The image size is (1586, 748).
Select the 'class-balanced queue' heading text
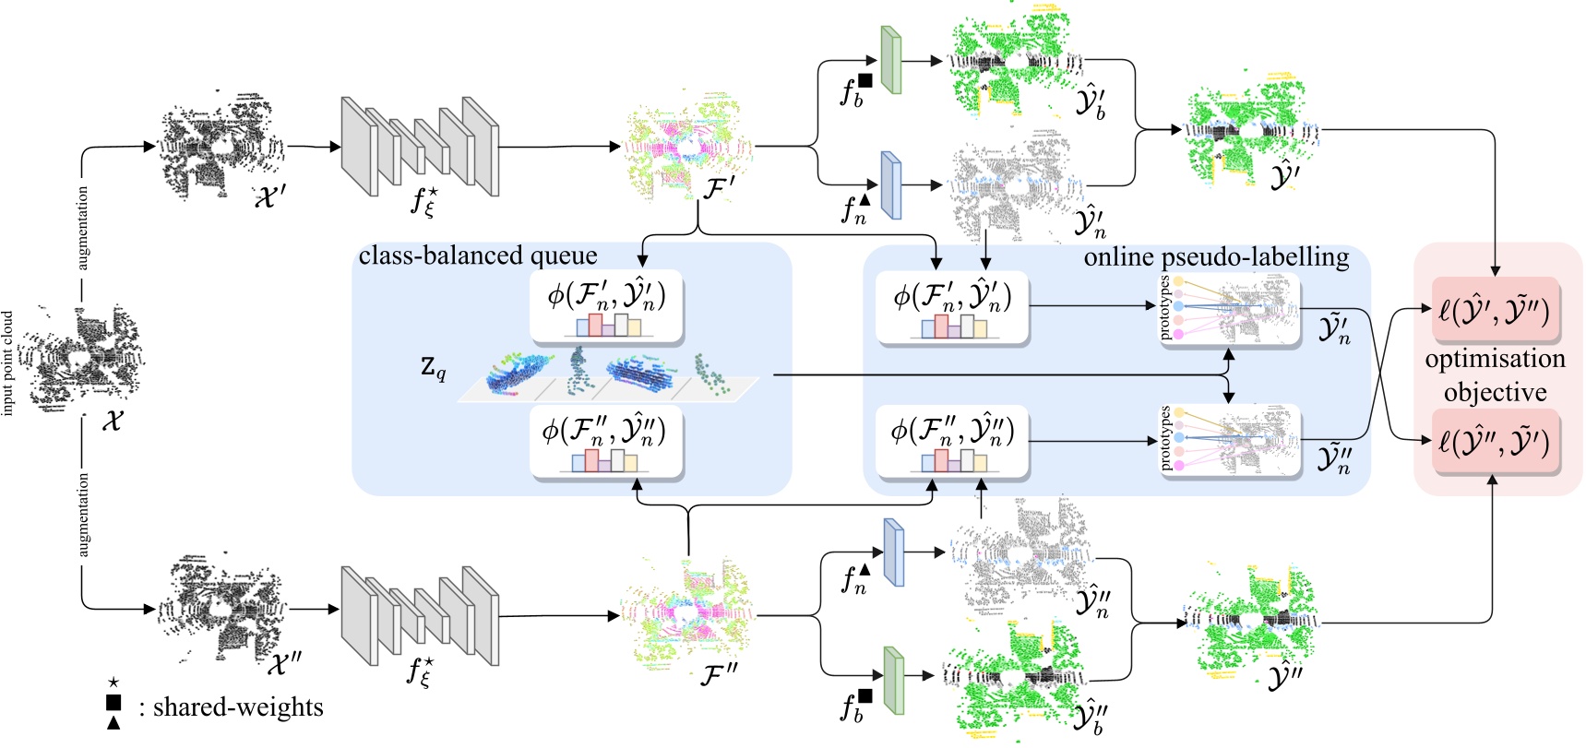coord(478,255)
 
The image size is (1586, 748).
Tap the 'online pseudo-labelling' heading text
coord(1216,256)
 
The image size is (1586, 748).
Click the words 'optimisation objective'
coord(1495,375)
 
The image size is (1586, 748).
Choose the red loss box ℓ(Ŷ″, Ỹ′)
coord(1495,442)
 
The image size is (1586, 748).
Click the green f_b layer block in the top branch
coord(890,60)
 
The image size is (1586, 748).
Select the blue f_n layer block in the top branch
coord(890,184)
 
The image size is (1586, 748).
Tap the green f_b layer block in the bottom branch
coord(892,680)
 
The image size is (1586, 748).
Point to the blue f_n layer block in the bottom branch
coord(893,552)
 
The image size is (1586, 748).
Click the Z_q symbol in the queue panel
coord(433,367)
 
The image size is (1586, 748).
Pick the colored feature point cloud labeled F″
coord(687,613)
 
